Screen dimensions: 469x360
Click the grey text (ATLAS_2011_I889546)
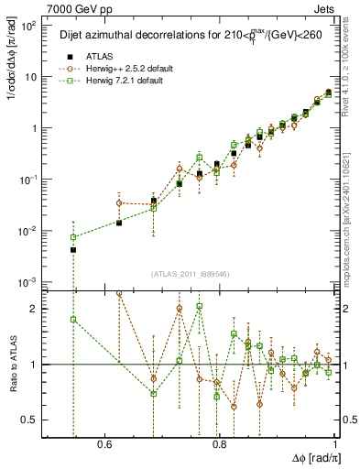(191, 274)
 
